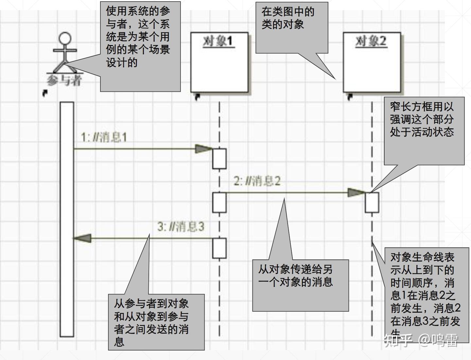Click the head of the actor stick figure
point(65,38)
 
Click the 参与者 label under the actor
point(64,80)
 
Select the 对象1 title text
point(218,42)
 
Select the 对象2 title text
point(371,42)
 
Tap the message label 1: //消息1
point(104,137)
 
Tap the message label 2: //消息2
point(257,181)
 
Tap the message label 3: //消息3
point(181,226)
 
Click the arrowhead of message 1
point(203,149)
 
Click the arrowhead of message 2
point(356,193)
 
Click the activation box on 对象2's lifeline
point(372,202)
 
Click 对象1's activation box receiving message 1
point(219,159)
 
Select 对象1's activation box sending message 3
point(219,248)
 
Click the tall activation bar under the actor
point(67,219)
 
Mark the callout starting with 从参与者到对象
point(156,322)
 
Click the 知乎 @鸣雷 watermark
point(421,340)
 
